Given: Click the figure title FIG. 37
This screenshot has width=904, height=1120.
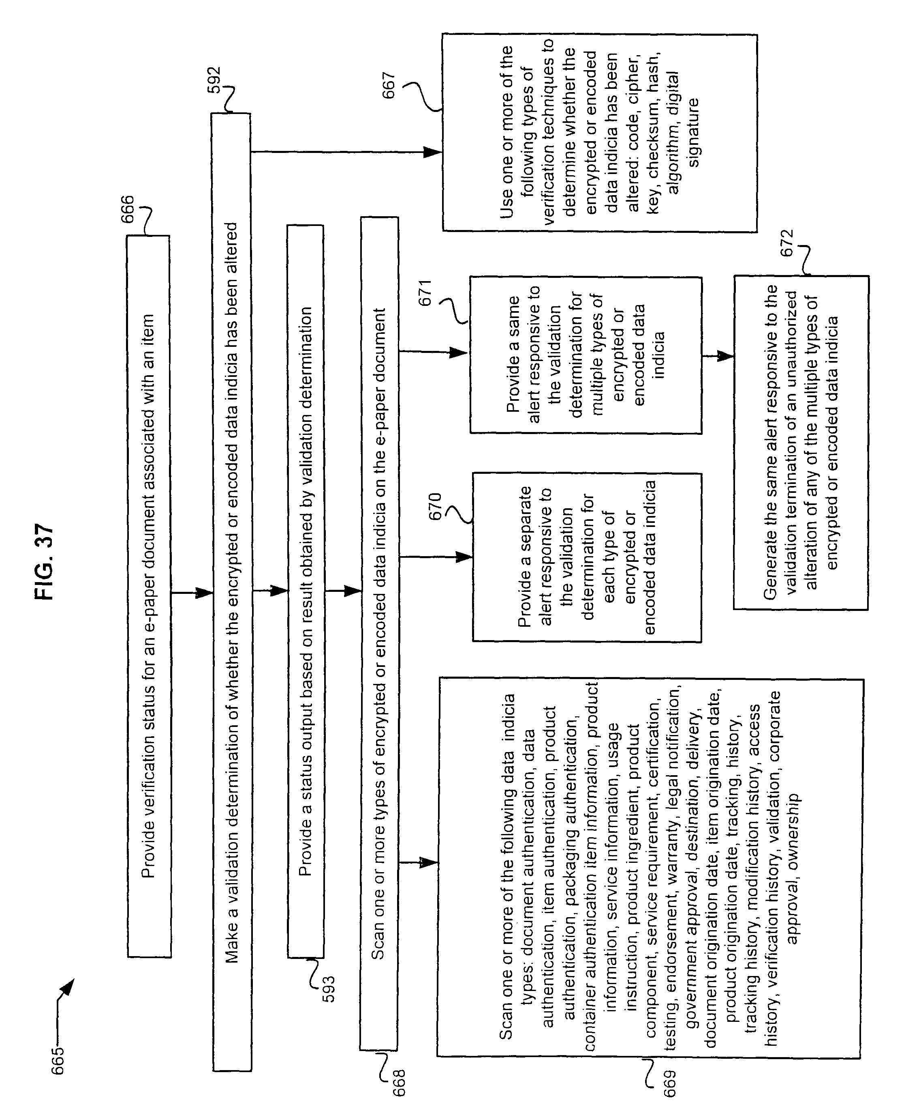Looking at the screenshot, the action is point(45,561).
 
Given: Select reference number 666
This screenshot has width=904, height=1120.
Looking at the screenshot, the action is point(127,209).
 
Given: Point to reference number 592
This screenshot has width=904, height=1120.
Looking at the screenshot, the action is point(214,81).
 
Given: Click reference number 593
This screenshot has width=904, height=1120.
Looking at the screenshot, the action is point(329,989).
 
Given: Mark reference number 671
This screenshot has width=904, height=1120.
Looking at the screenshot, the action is point(425,293).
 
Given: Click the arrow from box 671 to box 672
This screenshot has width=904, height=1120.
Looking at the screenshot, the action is point(718,357).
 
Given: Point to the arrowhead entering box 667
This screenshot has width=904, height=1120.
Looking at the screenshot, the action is point(433,152).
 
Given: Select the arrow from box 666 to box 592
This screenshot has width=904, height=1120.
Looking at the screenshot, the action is point(192,593).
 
